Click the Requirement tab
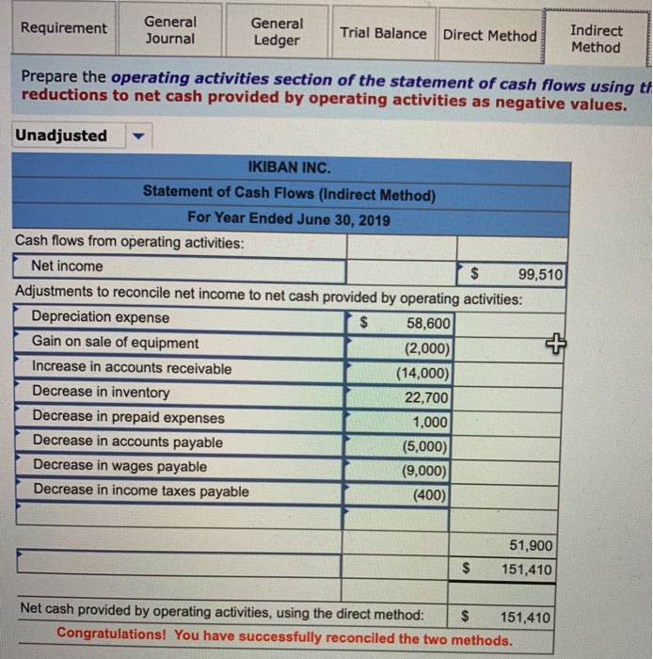pos(64,28)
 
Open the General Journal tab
pos(170,30)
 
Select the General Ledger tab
pos(277,31)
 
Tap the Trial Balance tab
pos(383,33)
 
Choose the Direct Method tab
pos(489,35)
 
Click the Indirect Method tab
pos(596,38)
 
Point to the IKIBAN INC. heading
pos(289,169)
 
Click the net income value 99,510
pos(540,275)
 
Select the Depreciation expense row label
pos(102,317)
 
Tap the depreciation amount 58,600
pos(428,324)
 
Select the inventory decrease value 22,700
pos(428,397)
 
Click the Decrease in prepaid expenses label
pos(129,416)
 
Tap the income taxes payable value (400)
pos(431,494)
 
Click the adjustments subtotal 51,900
pos(532,546)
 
